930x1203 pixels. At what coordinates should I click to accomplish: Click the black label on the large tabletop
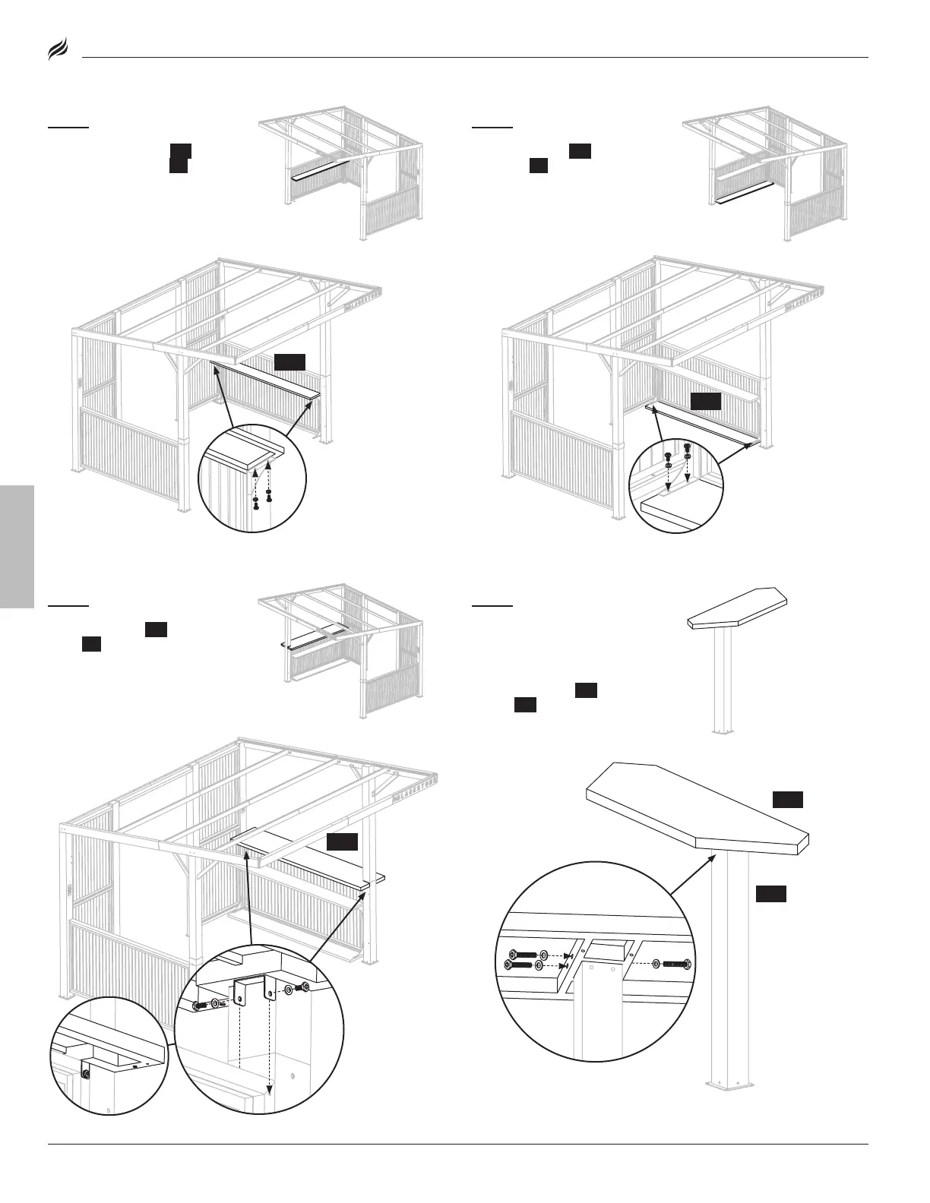click(x=787, y=800)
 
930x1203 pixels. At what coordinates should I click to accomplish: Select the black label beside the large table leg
click(x=770, y=894)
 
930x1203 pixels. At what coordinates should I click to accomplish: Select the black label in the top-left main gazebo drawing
click(x=289, y=362)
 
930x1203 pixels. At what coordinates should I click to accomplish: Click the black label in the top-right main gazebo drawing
click(x=705, y=401)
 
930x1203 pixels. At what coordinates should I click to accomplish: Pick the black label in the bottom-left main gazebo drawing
click(x=342, y=841)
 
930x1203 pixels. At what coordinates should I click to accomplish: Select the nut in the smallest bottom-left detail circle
click(x=85, y=1072)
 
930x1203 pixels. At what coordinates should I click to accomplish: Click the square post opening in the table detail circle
click(x=606, y=949)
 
